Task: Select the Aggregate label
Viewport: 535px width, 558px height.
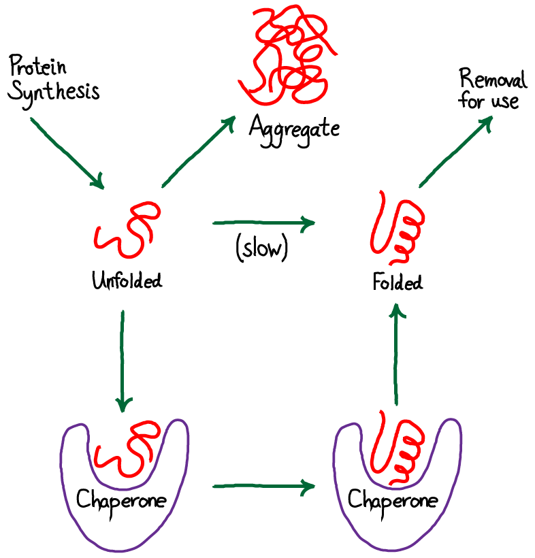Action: coord(293,127)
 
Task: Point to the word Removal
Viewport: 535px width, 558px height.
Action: coord(492,81)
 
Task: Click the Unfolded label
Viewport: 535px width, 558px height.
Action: coord(127,280)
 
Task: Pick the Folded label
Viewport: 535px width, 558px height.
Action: coord(399,281)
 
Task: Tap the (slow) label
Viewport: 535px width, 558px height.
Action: coord(262,249)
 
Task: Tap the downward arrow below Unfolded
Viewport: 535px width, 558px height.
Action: coord(123,361)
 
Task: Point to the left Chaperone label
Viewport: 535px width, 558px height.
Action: coord(122,502)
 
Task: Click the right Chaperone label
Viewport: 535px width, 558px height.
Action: coord(393,503)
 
